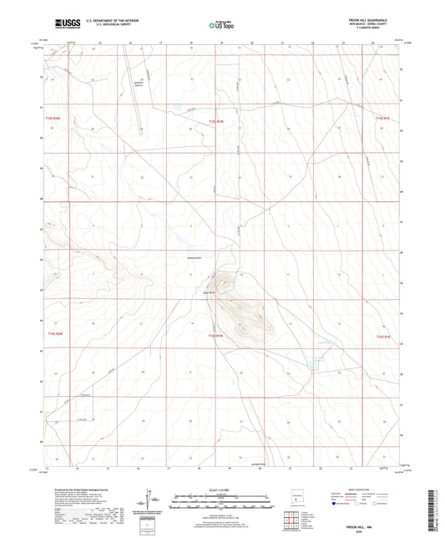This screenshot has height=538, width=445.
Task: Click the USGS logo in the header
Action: [x=66, y=23]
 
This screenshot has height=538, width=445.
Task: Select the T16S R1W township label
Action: [x=216, y=334]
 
